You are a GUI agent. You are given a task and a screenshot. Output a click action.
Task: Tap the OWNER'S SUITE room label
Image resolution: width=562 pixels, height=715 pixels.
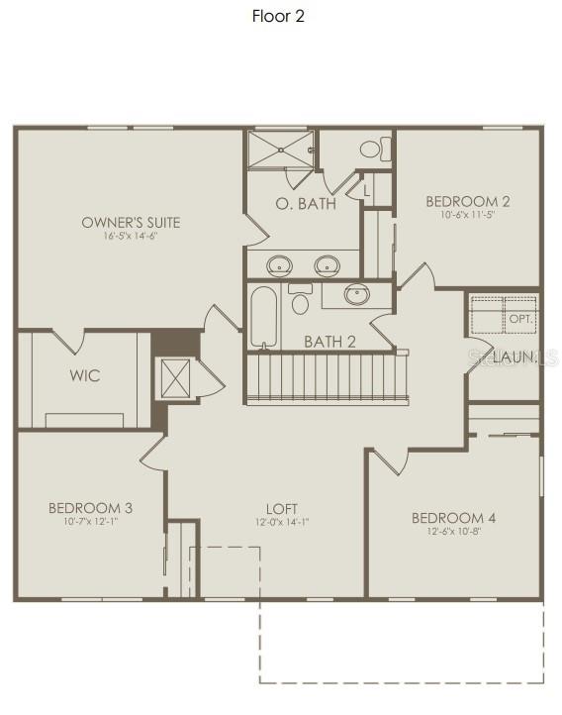131,223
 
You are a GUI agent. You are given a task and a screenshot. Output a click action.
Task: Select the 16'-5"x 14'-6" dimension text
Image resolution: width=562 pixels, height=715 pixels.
131,237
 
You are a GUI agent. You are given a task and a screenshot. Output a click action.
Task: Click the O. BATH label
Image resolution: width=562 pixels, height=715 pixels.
305,204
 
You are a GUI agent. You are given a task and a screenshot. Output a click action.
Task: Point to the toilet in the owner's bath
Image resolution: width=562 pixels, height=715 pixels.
374,150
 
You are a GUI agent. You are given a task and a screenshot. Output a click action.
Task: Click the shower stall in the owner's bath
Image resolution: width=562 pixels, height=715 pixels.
280,150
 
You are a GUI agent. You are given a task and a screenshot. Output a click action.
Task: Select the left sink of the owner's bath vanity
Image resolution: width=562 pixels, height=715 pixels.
280,264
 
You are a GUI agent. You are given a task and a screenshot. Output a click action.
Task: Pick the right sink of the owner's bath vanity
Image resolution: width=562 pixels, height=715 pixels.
328,264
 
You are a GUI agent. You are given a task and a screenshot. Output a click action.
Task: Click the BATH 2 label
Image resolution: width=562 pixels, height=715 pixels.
329,342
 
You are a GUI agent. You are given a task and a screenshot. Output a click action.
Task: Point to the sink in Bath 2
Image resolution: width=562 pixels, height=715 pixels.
357,294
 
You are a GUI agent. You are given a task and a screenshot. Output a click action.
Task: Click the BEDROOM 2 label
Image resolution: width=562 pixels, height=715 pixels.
468,201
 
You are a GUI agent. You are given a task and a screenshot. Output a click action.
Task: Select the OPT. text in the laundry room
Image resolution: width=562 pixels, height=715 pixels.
519,319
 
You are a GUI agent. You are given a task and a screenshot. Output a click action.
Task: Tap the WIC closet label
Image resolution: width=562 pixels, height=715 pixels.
84,376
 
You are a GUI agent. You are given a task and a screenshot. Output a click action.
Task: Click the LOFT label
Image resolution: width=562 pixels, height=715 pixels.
281,509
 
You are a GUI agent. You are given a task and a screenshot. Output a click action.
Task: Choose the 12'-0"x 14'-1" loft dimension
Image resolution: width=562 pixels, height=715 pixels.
281,523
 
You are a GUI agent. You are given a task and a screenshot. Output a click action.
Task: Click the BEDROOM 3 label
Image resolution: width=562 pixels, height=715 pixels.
90,508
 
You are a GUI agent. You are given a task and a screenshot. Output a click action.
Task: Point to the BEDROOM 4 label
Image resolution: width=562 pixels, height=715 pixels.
453,518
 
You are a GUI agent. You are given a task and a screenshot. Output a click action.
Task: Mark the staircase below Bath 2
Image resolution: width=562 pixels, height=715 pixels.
327,376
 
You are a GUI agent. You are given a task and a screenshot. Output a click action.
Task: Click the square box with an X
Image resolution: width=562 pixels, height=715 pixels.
175,377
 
